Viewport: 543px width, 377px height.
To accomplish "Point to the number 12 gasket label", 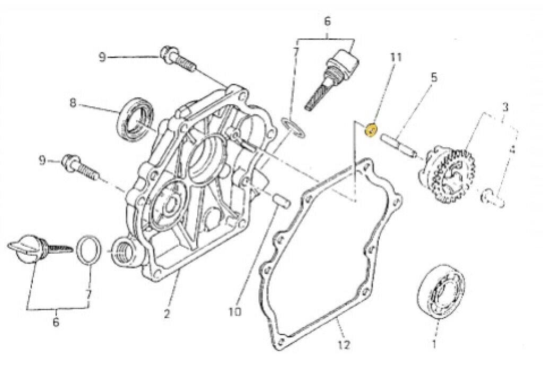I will (344, 345).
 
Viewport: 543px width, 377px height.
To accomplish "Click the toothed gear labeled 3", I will (451, 172).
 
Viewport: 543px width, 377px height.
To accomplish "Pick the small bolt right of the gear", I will (493, 200).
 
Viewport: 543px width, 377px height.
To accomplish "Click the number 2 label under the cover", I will (167, 314).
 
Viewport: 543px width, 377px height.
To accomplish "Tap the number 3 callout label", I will (505, 107).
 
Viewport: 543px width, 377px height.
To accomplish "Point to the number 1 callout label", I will (435, 345).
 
